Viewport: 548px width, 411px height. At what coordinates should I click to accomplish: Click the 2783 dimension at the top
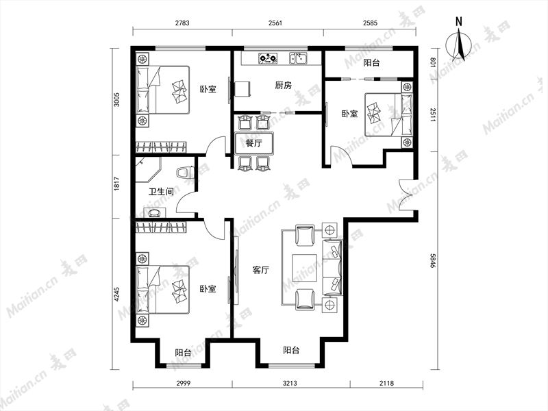pyautogui.click(x=182, y=23)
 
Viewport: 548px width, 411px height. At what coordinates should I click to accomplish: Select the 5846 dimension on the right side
pyautogui.click(x=433, y=260)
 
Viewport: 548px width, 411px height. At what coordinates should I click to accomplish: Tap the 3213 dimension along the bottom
pyautogui.click(x=290, y=383)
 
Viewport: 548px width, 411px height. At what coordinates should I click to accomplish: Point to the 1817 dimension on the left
pyautogui.click(x=116, y=184)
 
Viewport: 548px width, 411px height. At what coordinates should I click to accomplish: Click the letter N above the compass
pyautogui.click(x=459, y=22)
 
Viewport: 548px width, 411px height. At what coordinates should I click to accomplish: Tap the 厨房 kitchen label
pyautogui.click(x=283, y=85)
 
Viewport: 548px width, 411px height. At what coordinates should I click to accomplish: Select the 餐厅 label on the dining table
pyautogui.click(x=253, y=143)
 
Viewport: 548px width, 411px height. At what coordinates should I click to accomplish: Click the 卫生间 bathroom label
pyautogui.click(x=161, y=192)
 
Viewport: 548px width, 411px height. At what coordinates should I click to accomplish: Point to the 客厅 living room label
pyautogui.click(x=261, y=270)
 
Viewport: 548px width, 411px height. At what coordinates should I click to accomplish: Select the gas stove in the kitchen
pyautogui.click(x=268, y=58)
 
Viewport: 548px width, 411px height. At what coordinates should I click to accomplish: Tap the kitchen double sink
pyautogui.click(x=298, y=58)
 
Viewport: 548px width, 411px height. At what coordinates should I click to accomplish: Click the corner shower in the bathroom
pyautogui.click(x=148, y=169)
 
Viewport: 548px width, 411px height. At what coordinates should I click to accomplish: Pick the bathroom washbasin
pyautogui.click(x=155, y=212)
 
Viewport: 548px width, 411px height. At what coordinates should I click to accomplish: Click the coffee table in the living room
pyautogui.click(x=304, y=267)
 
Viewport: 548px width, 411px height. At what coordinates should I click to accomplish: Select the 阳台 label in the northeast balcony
pyautogui.click(x=371, y=63)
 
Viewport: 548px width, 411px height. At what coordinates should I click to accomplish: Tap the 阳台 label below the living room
pyautogui.click(x=291, y=350)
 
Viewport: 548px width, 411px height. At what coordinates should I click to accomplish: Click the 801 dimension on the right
pyautogui.click(x=433, y=62)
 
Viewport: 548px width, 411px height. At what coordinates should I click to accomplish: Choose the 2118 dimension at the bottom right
pyautogui.click(x=386, y=383)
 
